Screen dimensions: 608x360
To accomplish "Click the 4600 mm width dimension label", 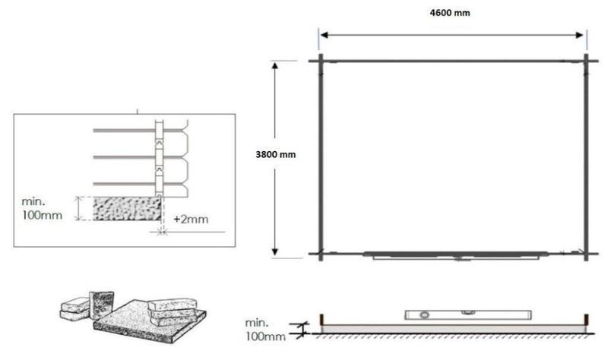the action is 450,13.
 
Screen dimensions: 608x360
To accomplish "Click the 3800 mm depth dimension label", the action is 275,155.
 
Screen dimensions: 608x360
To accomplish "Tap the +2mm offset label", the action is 191,219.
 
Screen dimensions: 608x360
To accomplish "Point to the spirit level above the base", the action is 468,314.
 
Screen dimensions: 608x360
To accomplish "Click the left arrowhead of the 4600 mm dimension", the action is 325,35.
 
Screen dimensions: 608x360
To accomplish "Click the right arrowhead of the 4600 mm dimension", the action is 580,35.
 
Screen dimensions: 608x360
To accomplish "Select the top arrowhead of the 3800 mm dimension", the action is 275,65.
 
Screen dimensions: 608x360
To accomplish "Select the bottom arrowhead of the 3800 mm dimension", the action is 275,252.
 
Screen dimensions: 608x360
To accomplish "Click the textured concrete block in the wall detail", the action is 127,209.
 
